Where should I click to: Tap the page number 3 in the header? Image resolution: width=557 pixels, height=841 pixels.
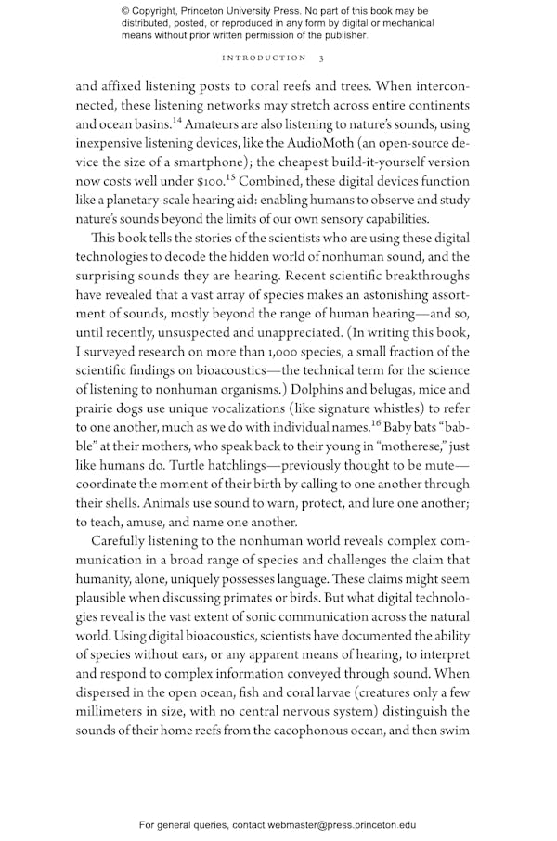(320, 58)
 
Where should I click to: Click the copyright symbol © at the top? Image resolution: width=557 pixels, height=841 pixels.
(125, 10)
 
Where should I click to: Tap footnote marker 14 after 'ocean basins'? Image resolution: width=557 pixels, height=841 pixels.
(174, 120)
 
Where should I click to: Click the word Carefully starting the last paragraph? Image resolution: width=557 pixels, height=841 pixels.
(128, 540)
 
